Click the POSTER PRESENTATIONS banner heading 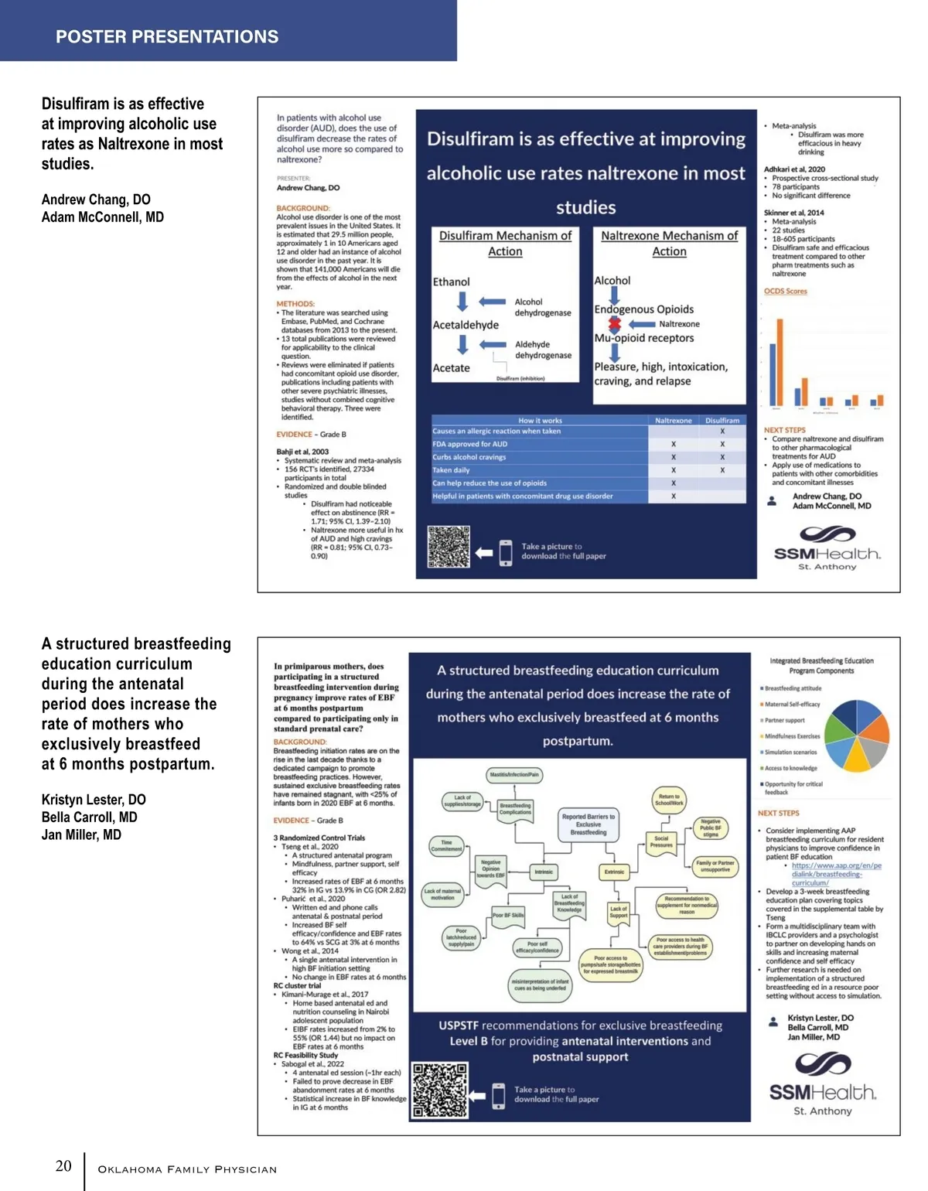pyautogui.click(x=167, y=36)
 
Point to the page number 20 pyautogui.click(x=63, y=1165)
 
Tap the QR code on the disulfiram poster pyautogui.click(x=449, y=547)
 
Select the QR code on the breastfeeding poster pyautogui.click(x=440, y=1090)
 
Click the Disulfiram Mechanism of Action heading pyautogui.click(x=505, y=243)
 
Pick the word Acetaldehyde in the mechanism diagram pyautogui.click(x=466, y=325)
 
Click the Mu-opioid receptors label pyautogui.click(x=643, y=338)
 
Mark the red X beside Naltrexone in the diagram pyautogui.click(x=615, y=324)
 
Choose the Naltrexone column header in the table pyautogui.click(x=673, y=421)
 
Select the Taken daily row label pyautogui.click(x=451, y=470)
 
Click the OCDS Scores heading pyautogui.click(x=785, y=292)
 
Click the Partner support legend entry pyautogui.click(x=783, y=720)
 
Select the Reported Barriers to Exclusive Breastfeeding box pyautogui.click(x=588, y=824)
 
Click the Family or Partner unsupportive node pyautogui.click(x=715, y=866)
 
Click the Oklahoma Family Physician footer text pyautogui.click(x=187, y=1169)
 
